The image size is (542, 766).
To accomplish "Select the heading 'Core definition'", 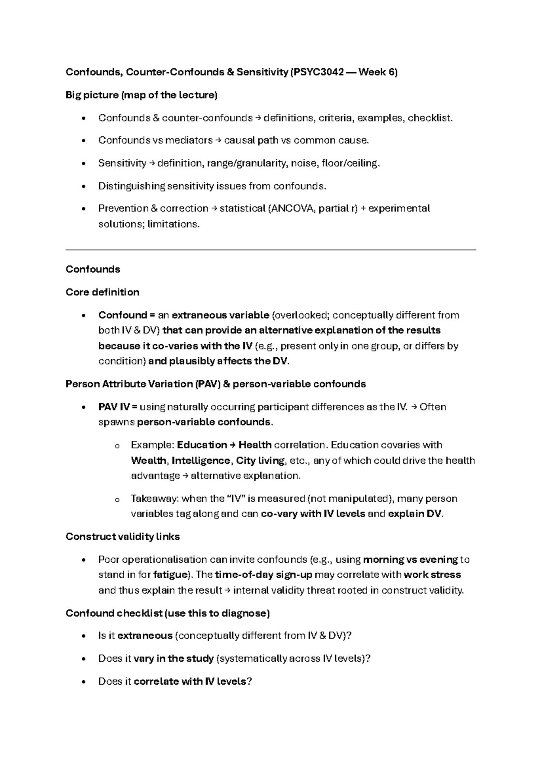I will [102, 292].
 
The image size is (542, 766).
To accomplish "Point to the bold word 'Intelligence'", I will [201, 461].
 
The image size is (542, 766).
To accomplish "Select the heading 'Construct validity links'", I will [122, 537].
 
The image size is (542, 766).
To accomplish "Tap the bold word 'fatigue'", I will [170, 575].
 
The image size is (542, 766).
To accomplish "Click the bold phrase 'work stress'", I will [432, 575].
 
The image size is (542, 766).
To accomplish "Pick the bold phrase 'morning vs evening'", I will [411, 560].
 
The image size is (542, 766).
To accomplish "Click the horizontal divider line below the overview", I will [271, 249].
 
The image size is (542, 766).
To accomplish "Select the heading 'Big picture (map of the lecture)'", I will [141, 95].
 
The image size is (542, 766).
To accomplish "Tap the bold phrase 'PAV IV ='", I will [117, 407].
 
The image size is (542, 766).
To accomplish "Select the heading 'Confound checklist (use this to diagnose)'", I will [168, 613].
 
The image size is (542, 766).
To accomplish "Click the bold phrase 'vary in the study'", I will [173, 659].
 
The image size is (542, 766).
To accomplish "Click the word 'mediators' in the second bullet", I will [189, 140].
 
